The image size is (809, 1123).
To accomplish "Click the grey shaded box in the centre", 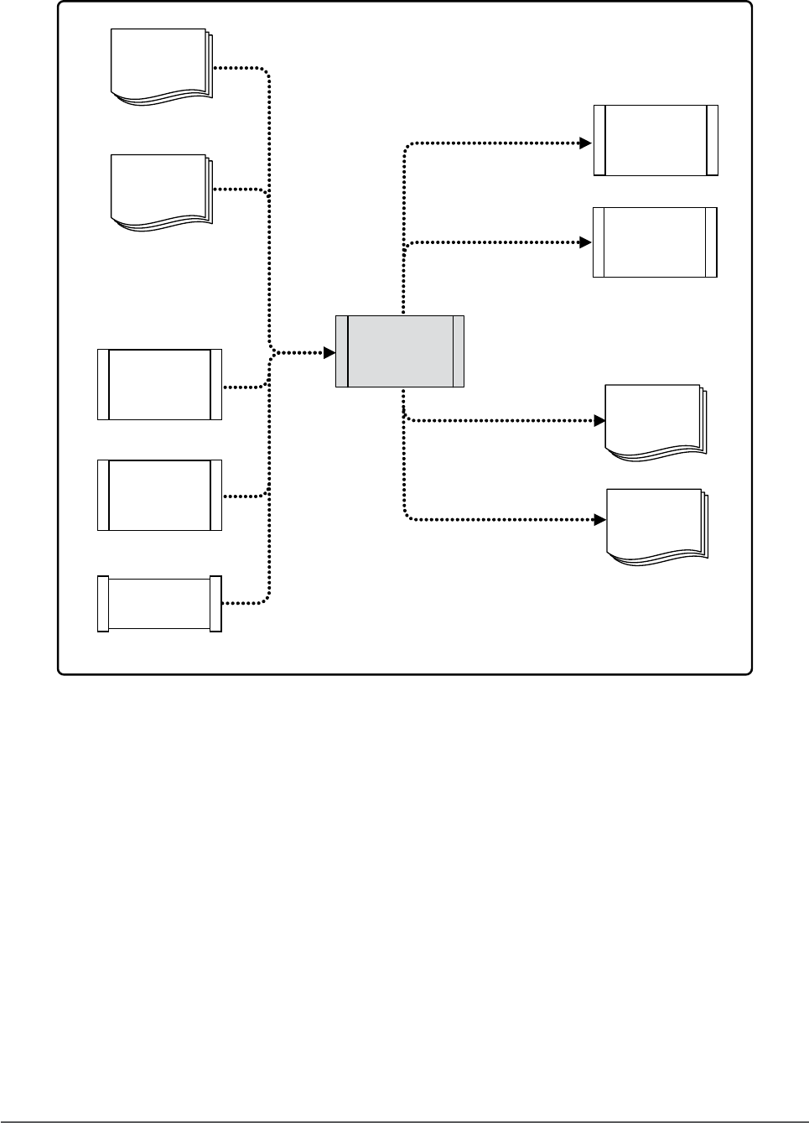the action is [x=400, y=351].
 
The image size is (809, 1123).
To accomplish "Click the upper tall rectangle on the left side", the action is [x=159, y=384].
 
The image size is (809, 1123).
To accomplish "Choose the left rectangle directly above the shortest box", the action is [x=159, y=495].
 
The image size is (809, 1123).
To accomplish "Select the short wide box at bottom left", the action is [x=159, y=603].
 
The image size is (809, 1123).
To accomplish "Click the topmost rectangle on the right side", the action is [x=656, y=140].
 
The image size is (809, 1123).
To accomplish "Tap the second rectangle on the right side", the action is [x=655, y=242].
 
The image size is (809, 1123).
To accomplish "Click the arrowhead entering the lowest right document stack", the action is [x=600, y=520].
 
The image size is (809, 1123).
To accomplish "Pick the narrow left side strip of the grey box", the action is [x=341, y=351].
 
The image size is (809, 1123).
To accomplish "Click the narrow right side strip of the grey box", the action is [x=459, y=351].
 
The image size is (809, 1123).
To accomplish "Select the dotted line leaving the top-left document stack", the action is [x=243, y=67].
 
